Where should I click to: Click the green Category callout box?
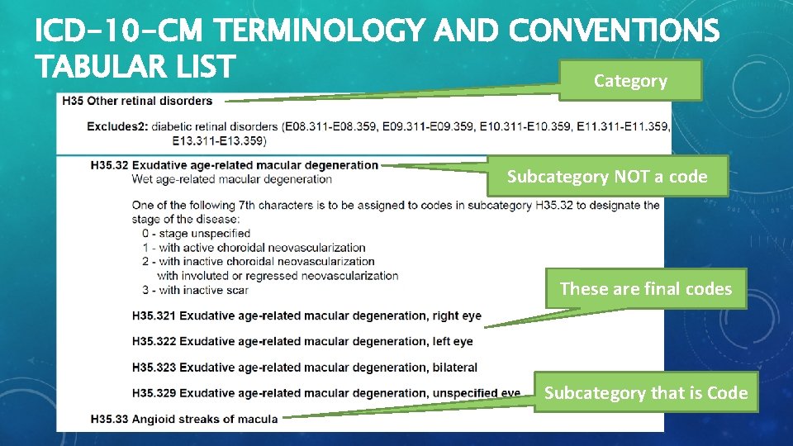tap(630, 81)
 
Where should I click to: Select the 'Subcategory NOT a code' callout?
tap(607, 177)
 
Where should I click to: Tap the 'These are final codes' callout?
tap(645, 289)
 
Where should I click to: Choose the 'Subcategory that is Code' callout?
tap(645, 393)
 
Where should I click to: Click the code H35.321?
tap(154, 316)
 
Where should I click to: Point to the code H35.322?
tap(154, 341)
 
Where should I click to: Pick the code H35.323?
tap(154, 367)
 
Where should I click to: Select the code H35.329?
tap(154, 393)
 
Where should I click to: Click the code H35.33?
tap(109, 419)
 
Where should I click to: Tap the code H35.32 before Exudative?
tap(109, 165)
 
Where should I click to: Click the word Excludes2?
tap(112, 126)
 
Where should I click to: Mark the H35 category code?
tap(71, 101)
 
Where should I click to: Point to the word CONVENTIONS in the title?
tap(615, 31)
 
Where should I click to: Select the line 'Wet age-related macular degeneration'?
tap(231, 178)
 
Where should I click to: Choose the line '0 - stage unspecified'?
tap(196, 234)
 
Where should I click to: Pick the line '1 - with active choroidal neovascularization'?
tap(254, 247)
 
